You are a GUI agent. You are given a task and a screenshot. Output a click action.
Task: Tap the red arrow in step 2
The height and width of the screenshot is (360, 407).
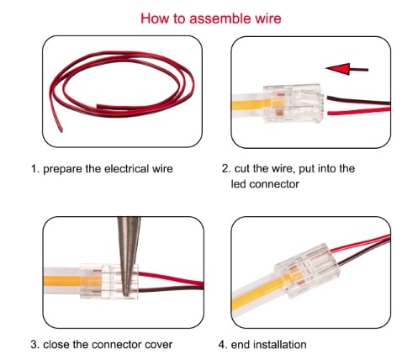tap(346, 69)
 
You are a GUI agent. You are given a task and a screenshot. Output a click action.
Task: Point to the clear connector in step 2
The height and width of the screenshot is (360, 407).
tap(293, 103)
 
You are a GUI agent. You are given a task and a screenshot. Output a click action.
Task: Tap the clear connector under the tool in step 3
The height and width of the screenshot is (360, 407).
tap(109, 281)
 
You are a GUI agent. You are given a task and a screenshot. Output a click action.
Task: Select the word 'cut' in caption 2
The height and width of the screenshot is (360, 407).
tap(242, 169)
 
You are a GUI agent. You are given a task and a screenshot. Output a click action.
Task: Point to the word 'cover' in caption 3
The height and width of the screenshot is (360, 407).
tap(158, 345)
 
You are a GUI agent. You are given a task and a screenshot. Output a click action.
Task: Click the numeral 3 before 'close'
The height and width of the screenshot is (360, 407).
tap(34, 345)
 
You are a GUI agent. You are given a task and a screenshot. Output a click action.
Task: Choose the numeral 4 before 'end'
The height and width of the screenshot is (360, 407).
tap(222, 345)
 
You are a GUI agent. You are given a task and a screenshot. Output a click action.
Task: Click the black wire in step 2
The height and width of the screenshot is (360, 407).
tap(358, 101)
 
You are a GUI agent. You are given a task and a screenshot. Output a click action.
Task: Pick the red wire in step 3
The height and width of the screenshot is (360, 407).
tap(171, 278)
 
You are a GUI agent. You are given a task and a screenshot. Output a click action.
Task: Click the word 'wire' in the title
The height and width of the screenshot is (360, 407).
tap(268, 19)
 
